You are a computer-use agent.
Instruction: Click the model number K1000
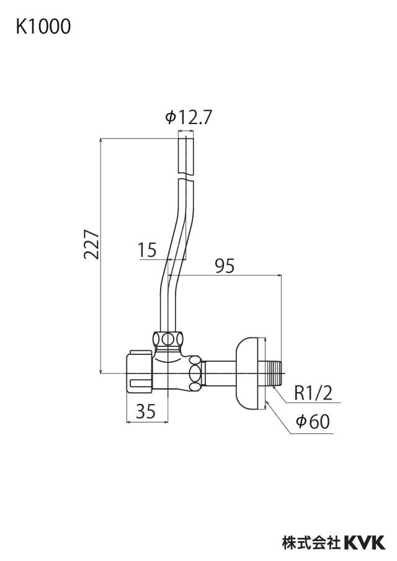(x=43, y=27)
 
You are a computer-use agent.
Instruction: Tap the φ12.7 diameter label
(x=189, y=117)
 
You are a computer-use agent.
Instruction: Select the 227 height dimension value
(x=91, y=245)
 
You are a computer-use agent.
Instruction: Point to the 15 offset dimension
(x=148, y=249)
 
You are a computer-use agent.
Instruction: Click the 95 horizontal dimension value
(x=225, y=266)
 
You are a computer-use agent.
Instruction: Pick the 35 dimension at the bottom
(x=146, y=411)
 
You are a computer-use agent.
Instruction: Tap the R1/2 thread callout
(x=313, y=393)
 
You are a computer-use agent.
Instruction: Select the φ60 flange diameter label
(x=313, y=421)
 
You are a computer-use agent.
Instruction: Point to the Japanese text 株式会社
(x=311, y=542)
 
